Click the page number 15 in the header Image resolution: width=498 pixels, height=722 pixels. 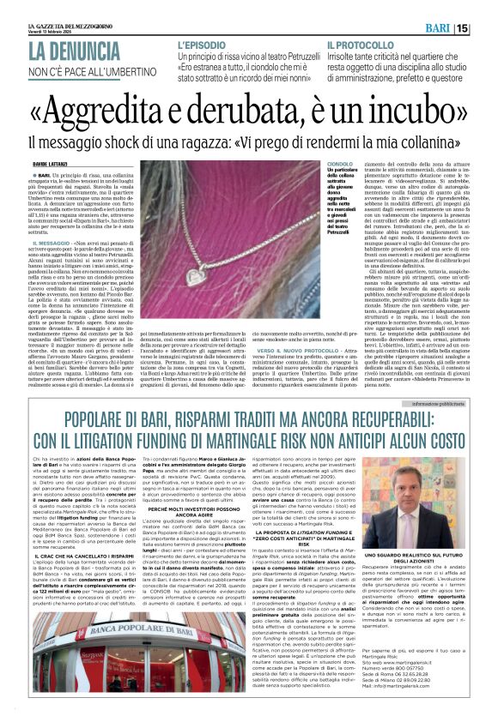(486, 28)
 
